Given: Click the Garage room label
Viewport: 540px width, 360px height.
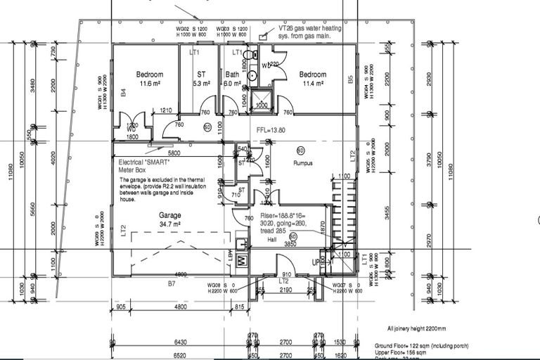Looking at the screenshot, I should pos(170,215).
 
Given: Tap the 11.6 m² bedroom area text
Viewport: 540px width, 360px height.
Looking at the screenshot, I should pos(149,84).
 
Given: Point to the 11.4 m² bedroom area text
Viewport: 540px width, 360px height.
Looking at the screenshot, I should pos(312,83).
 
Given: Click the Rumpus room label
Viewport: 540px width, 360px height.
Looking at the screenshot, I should pos(302,162).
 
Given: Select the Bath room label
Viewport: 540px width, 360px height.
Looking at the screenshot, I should pos(232,75).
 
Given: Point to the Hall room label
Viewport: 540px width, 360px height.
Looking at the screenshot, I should pos(272,240).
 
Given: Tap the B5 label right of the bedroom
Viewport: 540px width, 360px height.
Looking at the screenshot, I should pos(351,80).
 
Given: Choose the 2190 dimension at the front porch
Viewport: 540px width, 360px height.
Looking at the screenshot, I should pos(285,289).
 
